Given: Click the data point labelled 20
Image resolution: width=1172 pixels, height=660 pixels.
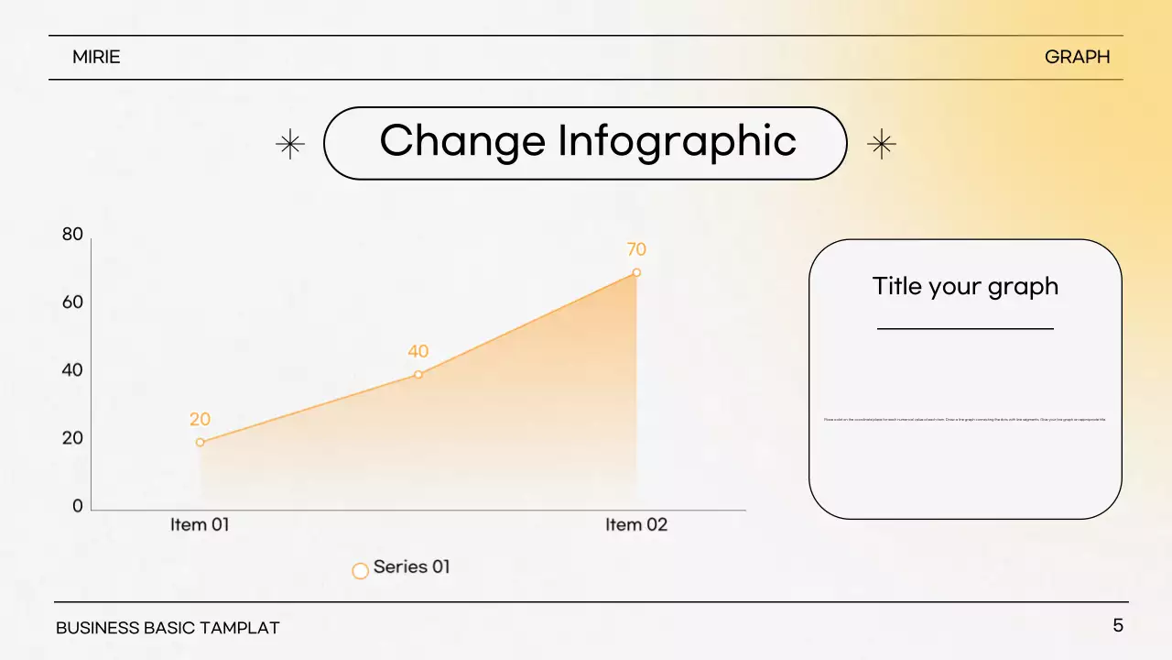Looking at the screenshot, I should pyautogui.click(x=200, y=443).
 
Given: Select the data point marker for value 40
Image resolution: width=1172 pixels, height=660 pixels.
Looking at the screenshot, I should pyautogui.click(x=418, y=374).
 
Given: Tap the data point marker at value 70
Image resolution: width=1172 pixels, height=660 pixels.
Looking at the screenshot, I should pyautogui.click(x=636, y=272).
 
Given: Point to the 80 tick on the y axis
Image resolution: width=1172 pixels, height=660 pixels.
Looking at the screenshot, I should pyautogui.click(x=72, y=235).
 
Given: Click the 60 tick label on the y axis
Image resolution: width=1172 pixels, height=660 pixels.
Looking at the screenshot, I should pyautogui.click(x=72, y=302).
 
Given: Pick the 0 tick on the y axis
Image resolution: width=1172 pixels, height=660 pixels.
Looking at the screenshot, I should pyautogui.click(x=78, y=506).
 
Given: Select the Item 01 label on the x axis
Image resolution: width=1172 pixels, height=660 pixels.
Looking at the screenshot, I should pyautogui.click(x=200, y=525).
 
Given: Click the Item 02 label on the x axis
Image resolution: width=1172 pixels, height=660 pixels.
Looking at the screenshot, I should pyautogui.click(x=636, y=525).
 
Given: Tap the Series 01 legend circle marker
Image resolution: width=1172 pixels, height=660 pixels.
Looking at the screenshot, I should pyautogui.click(x=361, y=570).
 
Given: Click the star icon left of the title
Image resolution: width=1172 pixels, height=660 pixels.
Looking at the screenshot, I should pyautogui.click(x=290, y=144).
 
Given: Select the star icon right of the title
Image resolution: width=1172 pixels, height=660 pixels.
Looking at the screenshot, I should pyautogui.click(x=881, y=144).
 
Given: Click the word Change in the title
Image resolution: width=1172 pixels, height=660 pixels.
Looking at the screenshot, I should pyautogui.click(x=462, y=141).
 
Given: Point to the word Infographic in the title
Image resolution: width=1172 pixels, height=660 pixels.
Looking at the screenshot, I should pyautogui.click(x=677, y=141).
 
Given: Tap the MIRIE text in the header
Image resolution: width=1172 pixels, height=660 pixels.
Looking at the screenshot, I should pyautogui.click(x=96, y=57).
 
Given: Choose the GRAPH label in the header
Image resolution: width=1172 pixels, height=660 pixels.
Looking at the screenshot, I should pyautogui.click(x=1077, y=57).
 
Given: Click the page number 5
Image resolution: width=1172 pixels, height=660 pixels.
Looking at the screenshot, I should pyautogui.click(x=1118, y=626).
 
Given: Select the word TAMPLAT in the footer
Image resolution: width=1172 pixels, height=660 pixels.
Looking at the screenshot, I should pyautogui.click(x=240, y=628).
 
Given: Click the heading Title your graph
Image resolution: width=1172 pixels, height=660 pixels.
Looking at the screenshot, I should pyautogui.click(x=965, y=286).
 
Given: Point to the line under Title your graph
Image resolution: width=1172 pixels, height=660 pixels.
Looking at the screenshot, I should pyautogui.click(x=965, y=328).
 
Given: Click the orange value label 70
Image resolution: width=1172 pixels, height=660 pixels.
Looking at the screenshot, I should pyautogui.click(x=636, y=249).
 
